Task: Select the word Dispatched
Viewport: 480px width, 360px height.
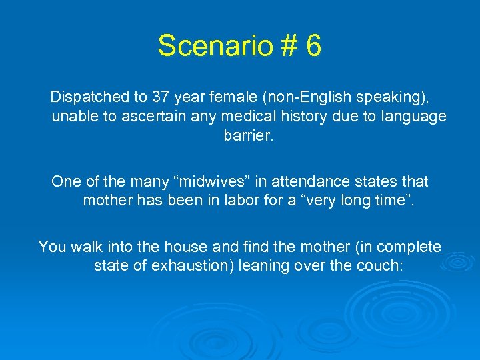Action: [x=90, y=97]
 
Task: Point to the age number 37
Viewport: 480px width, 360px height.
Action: [x=160, y=97]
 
